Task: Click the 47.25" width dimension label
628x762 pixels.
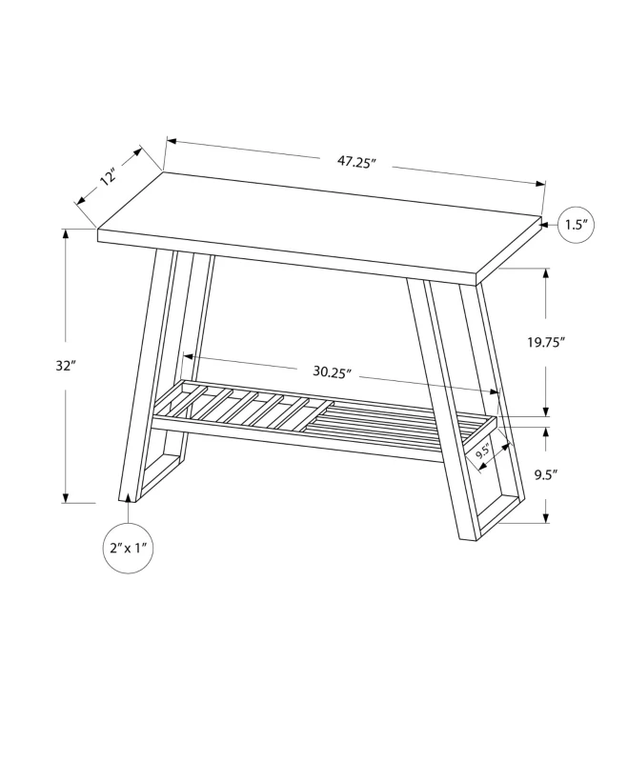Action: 356,162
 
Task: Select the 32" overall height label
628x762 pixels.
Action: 65,366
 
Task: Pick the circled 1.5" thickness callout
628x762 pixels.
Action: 576,226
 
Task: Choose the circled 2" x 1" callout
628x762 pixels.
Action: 128,549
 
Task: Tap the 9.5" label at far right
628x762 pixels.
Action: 546,473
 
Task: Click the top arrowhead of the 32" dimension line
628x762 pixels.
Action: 65,233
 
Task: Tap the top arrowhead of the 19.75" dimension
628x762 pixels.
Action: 546,273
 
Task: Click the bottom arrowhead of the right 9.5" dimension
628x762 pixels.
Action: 546,518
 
